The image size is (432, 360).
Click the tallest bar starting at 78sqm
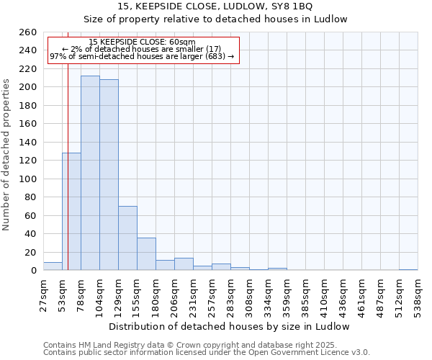click(90, 173)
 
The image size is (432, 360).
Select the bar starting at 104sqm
click(109, 175)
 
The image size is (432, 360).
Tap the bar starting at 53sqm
click(71, 212)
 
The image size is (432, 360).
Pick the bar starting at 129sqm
click(127, 238)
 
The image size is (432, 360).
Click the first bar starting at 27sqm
click(53, 266)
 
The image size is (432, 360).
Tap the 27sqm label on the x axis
click(43, 296)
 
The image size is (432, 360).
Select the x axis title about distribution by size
click(230, 326)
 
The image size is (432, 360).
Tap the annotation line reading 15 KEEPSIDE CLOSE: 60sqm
click(143, 42)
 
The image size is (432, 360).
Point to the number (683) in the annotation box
click(215, 56)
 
